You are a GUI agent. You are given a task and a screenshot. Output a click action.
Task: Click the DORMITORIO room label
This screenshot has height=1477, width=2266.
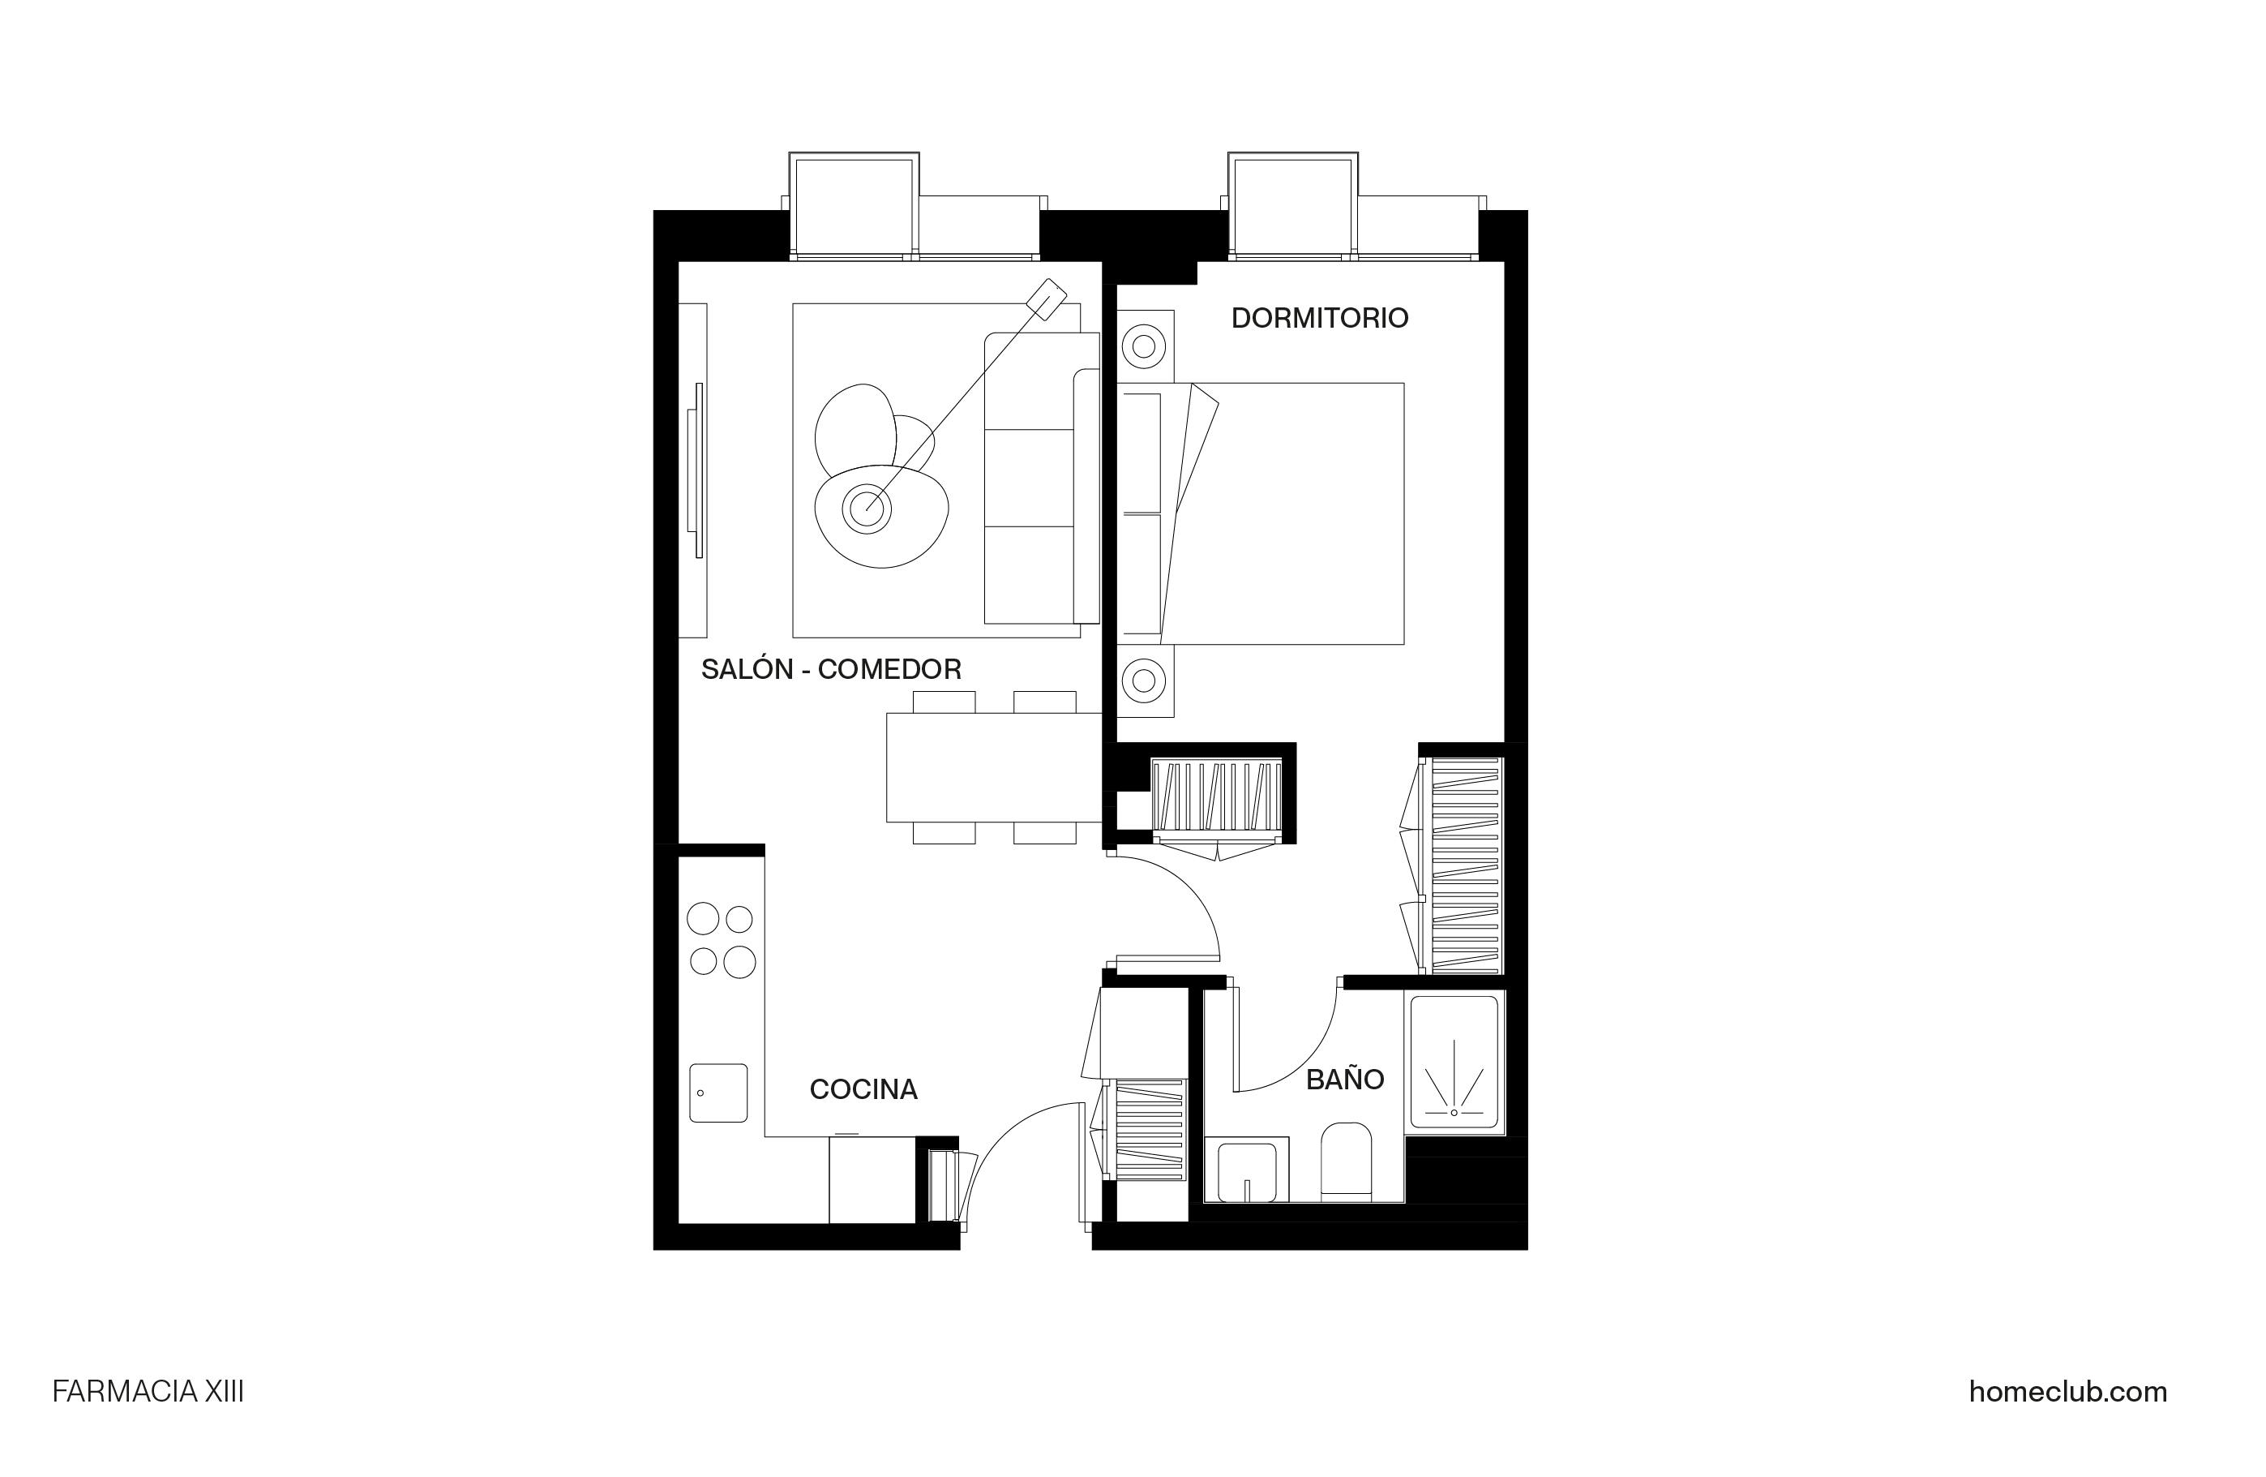pos(1319,318)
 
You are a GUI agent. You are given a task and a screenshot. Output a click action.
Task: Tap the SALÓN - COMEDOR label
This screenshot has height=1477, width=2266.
pos(830,669)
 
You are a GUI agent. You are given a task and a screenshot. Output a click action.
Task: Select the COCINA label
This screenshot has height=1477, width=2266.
pos(863,1089)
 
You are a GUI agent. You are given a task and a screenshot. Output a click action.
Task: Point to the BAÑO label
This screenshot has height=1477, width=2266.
pos(1344,1080)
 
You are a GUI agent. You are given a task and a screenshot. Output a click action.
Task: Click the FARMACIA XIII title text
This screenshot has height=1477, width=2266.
pos(148,1393)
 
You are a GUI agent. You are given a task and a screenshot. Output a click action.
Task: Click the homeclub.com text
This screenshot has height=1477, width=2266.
pos(2067,1393)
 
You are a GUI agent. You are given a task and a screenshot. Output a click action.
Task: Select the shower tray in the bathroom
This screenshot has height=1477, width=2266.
pos(1453,1063)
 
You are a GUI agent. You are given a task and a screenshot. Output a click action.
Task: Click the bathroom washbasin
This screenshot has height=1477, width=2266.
pos(1246,1170)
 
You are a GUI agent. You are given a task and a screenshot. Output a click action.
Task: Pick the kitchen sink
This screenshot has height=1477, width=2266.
pos(717,1093)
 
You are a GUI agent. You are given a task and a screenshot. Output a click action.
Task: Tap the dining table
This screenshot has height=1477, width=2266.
pos(993,767)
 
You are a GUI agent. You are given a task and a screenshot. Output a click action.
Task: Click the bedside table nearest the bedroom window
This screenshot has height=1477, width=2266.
pos(1145,346)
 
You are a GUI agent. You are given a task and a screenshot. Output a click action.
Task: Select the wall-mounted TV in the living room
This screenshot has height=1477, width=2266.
pos(698,470)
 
